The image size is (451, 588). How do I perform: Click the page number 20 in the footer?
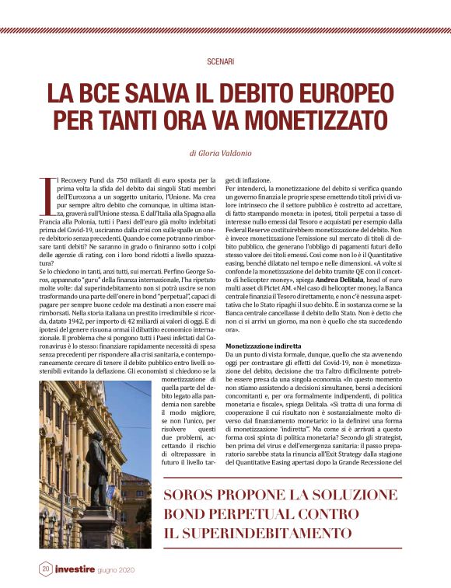46,569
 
